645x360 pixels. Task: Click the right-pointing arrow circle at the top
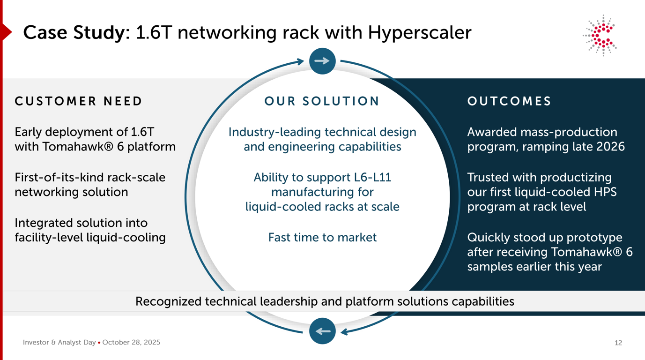[x=322, y=61]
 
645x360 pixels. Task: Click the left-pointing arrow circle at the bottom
[x=322, y=331]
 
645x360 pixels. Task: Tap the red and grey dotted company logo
[x=601, y=36]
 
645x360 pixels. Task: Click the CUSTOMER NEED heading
[x=78, y=101]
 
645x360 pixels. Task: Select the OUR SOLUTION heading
[x=322, y=101]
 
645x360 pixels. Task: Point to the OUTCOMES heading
[x=509, y=101]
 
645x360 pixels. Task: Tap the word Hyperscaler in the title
[x=419, y=33]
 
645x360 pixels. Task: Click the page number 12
[x=618, y=343]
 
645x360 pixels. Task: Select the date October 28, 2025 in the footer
[x=131, y=343]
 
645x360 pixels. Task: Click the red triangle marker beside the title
[x=6, y=32]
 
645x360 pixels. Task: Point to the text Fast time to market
[x=322, y=237]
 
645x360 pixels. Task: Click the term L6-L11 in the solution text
[x=372, y=178]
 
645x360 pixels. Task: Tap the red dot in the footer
[x=99, y=343]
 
